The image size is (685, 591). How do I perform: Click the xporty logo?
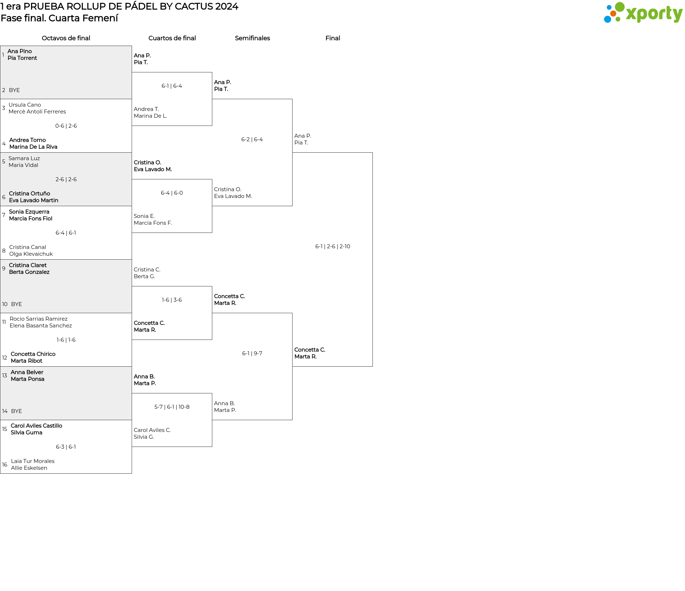coord(643,13)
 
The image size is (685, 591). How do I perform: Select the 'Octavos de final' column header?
coord(66,38)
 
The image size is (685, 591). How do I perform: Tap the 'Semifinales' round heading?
coord(252,38)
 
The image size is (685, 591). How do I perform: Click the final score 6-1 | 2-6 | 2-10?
coord(333,246)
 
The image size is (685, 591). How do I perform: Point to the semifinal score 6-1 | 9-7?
coord(252,353)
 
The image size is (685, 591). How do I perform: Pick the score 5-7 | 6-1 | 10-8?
coord(172,407)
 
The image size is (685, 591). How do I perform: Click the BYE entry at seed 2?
coord(14,90)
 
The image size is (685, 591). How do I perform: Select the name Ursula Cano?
coord(25,105)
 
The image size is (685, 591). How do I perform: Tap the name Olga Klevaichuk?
coord(31,254)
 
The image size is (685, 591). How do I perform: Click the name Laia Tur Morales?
coord(33,461)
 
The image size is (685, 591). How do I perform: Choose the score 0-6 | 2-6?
coord(66,126)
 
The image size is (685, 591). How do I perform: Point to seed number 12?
coord(5,358)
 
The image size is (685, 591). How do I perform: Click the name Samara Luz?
coord(24,158)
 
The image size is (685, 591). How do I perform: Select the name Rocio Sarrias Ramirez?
coord(39,319)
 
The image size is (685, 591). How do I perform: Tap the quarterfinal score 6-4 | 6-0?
coord(172,193)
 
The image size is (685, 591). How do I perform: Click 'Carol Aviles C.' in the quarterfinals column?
coord(152,430)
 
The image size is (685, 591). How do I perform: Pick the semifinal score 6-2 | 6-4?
coord(252,139)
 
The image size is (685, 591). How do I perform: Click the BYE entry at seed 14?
coord(16,411)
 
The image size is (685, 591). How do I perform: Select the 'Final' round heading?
coord(333,38)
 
